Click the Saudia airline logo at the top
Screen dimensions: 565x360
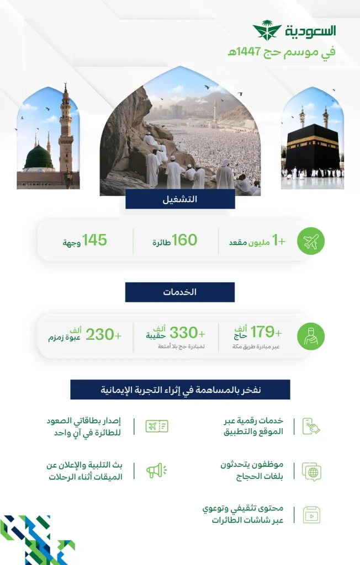click(294, 31)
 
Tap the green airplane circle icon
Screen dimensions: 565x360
click(311, 241)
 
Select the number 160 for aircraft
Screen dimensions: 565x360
click(184, 240)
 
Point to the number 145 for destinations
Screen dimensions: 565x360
click(93, 240)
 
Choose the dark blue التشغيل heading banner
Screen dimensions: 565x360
click(180, 199)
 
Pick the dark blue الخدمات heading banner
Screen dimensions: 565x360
click(180, 292)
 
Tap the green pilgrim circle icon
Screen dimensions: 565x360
click(311, 335)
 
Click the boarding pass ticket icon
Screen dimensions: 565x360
click(157, 425)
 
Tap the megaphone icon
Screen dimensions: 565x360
click(156, 470)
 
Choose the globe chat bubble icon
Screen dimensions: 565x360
click(311, 471)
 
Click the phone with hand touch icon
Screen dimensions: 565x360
click(311, 426)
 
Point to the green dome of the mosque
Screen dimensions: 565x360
click(39, 159)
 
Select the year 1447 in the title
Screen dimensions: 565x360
click(247, 52)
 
